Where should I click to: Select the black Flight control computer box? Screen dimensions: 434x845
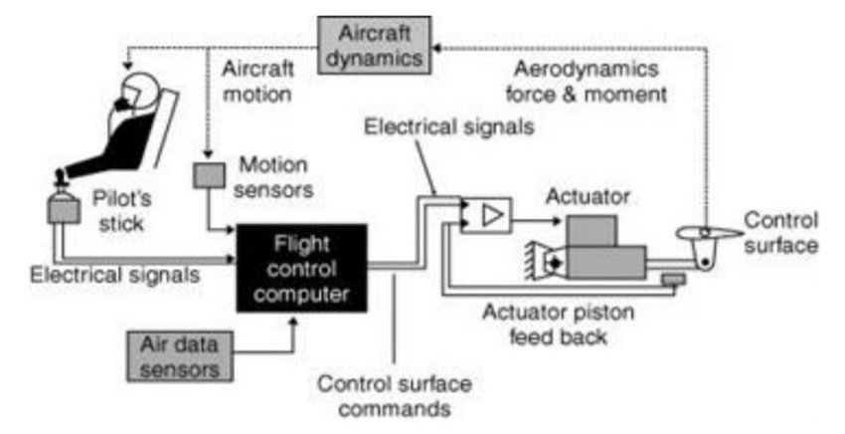tap(301, 267)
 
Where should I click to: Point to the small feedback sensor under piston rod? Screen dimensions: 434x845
tap(674, 279)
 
